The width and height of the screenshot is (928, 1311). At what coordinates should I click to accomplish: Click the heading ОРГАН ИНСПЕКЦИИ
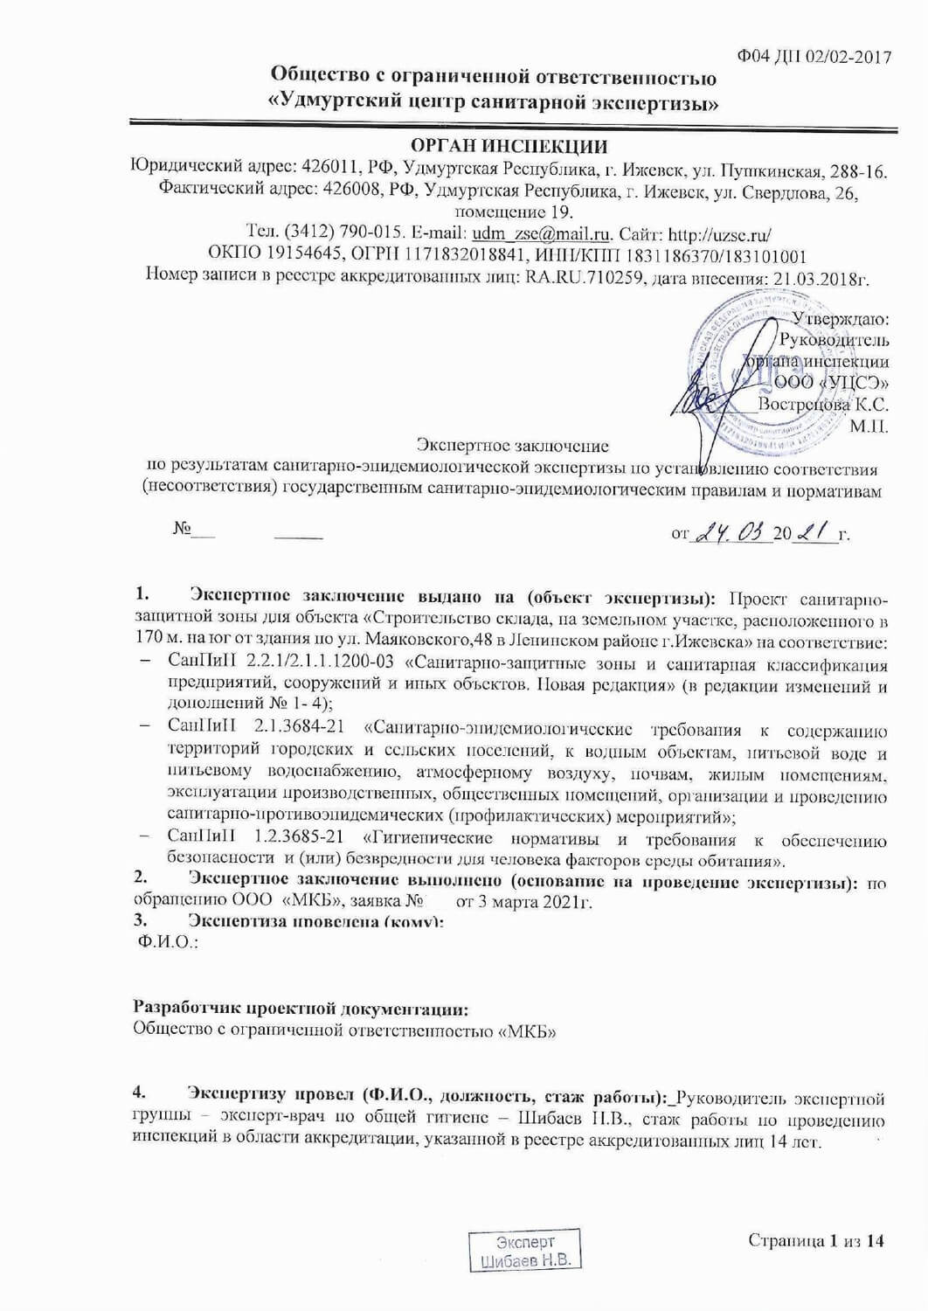[509, 146]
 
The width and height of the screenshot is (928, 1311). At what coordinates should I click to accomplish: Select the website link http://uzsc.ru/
[719, 234]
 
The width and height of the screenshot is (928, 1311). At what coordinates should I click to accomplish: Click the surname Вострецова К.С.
[822, 405]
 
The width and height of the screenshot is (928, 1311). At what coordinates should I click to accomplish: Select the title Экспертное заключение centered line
[512, 447]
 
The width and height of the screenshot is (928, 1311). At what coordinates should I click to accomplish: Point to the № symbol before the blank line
[183, 530]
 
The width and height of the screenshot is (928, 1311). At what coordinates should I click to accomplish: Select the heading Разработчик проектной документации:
[301, 1009]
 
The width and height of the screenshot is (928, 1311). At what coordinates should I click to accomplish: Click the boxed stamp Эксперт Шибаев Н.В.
[525, 1251]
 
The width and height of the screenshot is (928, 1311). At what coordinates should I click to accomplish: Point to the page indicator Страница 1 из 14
[816, 1240]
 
